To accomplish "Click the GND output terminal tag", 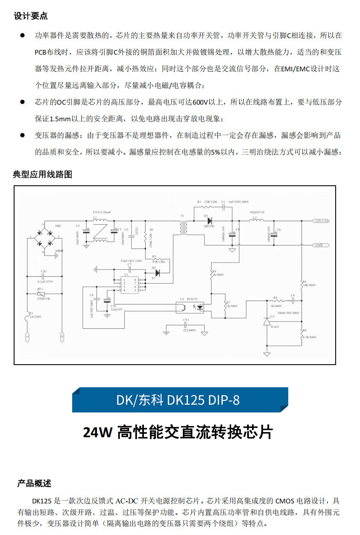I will click(x=321, y=246).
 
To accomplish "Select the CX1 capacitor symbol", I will click(x=43, y=277).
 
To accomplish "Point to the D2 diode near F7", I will click(x=157, y=272).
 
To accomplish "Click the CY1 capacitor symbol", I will click(x=186, y=326).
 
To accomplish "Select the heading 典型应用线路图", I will click(x=43, y=175).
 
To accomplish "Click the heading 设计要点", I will click(x=31, y=17).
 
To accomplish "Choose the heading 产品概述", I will click(x=34, y=483).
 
